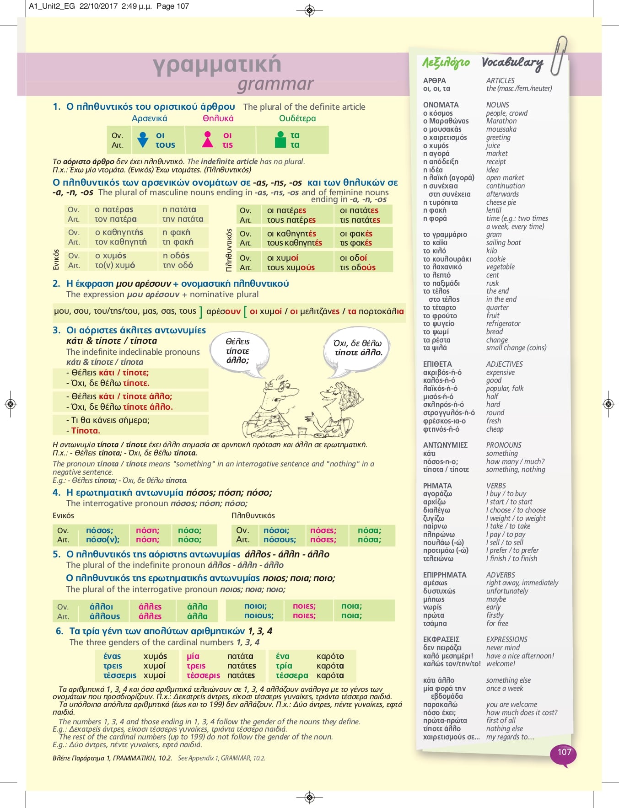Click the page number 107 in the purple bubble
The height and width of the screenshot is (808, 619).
tap(564, 752)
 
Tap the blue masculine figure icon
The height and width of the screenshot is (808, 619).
tap(143, 139)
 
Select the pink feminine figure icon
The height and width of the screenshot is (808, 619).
tap(208, 139)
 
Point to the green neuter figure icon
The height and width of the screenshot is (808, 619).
tap(280, 139)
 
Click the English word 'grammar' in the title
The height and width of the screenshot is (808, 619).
tap(275, 84)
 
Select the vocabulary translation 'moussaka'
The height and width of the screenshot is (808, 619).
tap(501, 129)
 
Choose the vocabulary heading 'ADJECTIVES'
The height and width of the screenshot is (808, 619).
tap(504, 364)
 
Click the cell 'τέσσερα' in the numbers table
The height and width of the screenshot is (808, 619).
tap(292, 675)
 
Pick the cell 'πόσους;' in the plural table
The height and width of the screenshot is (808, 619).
tap(280, 540)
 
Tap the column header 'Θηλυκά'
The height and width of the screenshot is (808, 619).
tap(218, 118)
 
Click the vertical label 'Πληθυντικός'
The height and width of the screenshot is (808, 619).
tap(229, 251)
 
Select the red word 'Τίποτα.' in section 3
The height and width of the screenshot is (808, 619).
tap(86, 430)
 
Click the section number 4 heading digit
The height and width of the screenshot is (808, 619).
tap(56, 492)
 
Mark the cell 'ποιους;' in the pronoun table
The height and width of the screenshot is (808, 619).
tap(258, 615)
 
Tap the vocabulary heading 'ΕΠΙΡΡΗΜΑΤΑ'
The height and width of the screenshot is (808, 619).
tap(445, 575)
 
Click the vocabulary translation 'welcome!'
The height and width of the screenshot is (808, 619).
tap(501, 664)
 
